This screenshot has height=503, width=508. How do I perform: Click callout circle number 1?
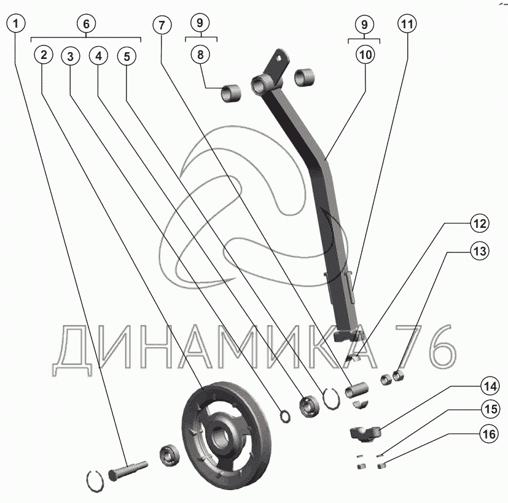point(16,23)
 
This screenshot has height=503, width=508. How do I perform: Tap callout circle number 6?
point(86,23)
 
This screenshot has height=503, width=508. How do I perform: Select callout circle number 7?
point(162,25)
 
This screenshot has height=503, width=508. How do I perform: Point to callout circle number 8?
point(200,54)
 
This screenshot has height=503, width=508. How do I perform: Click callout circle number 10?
point(365,55)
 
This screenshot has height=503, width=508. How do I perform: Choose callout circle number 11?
point(407,23)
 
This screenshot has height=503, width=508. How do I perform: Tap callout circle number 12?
point(480,223)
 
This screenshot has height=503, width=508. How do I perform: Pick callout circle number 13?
point(480,251)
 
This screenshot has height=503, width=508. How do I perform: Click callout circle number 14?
point(490,386)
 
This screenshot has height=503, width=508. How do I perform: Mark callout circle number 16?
point(489,434)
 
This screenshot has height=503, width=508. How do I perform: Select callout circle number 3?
point(71,56)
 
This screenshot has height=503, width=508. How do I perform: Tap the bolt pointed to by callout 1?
point(128,470)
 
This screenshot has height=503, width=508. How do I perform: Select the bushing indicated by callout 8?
point(231,94)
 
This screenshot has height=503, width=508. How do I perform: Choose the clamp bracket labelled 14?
point(365,434)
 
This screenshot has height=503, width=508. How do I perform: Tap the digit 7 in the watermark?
point(410,346)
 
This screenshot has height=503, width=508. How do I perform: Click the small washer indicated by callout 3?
point(284,416)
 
